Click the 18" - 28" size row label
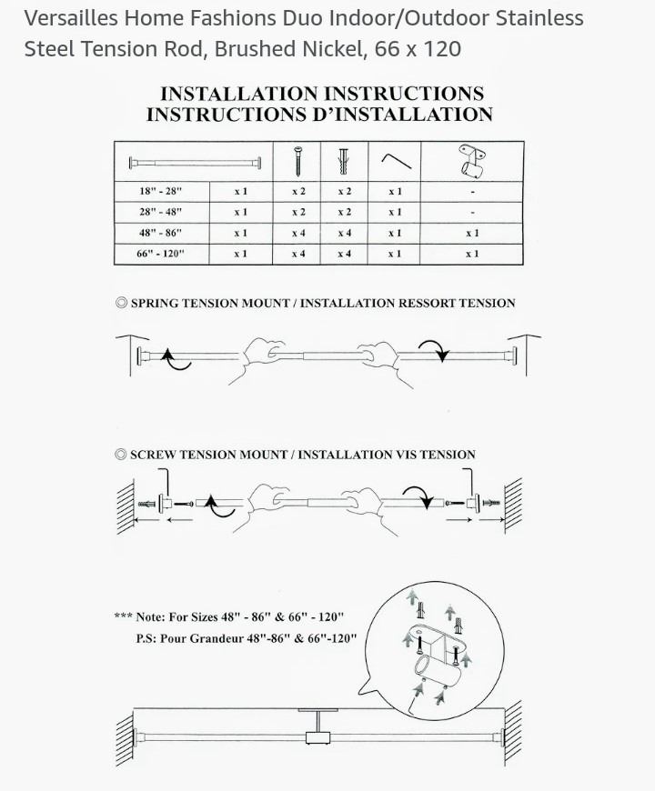coord(160,191)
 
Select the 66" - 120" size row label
coord(160,254)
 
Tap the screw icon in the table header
coord(298,161)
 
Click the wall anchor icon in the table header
coord(344,162)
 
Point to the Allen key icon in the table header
coord(396,160)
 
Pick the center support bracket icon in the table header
coord(472,161)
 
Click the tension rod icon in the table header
coord(195,163)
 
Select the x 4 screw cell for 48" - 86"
coord(298,233)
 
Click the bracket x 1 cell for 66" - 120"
coord(472,254)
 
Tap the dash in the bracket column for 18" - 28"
coord(472,192)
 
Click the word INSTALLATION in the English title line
coord(239,94)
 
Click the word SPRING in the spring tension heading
coord(155,303)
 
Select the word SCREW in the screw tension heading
coord(154,455)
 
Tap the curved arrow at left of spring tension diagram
coord(175,359)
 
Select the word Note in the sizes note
coord(150,617)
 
